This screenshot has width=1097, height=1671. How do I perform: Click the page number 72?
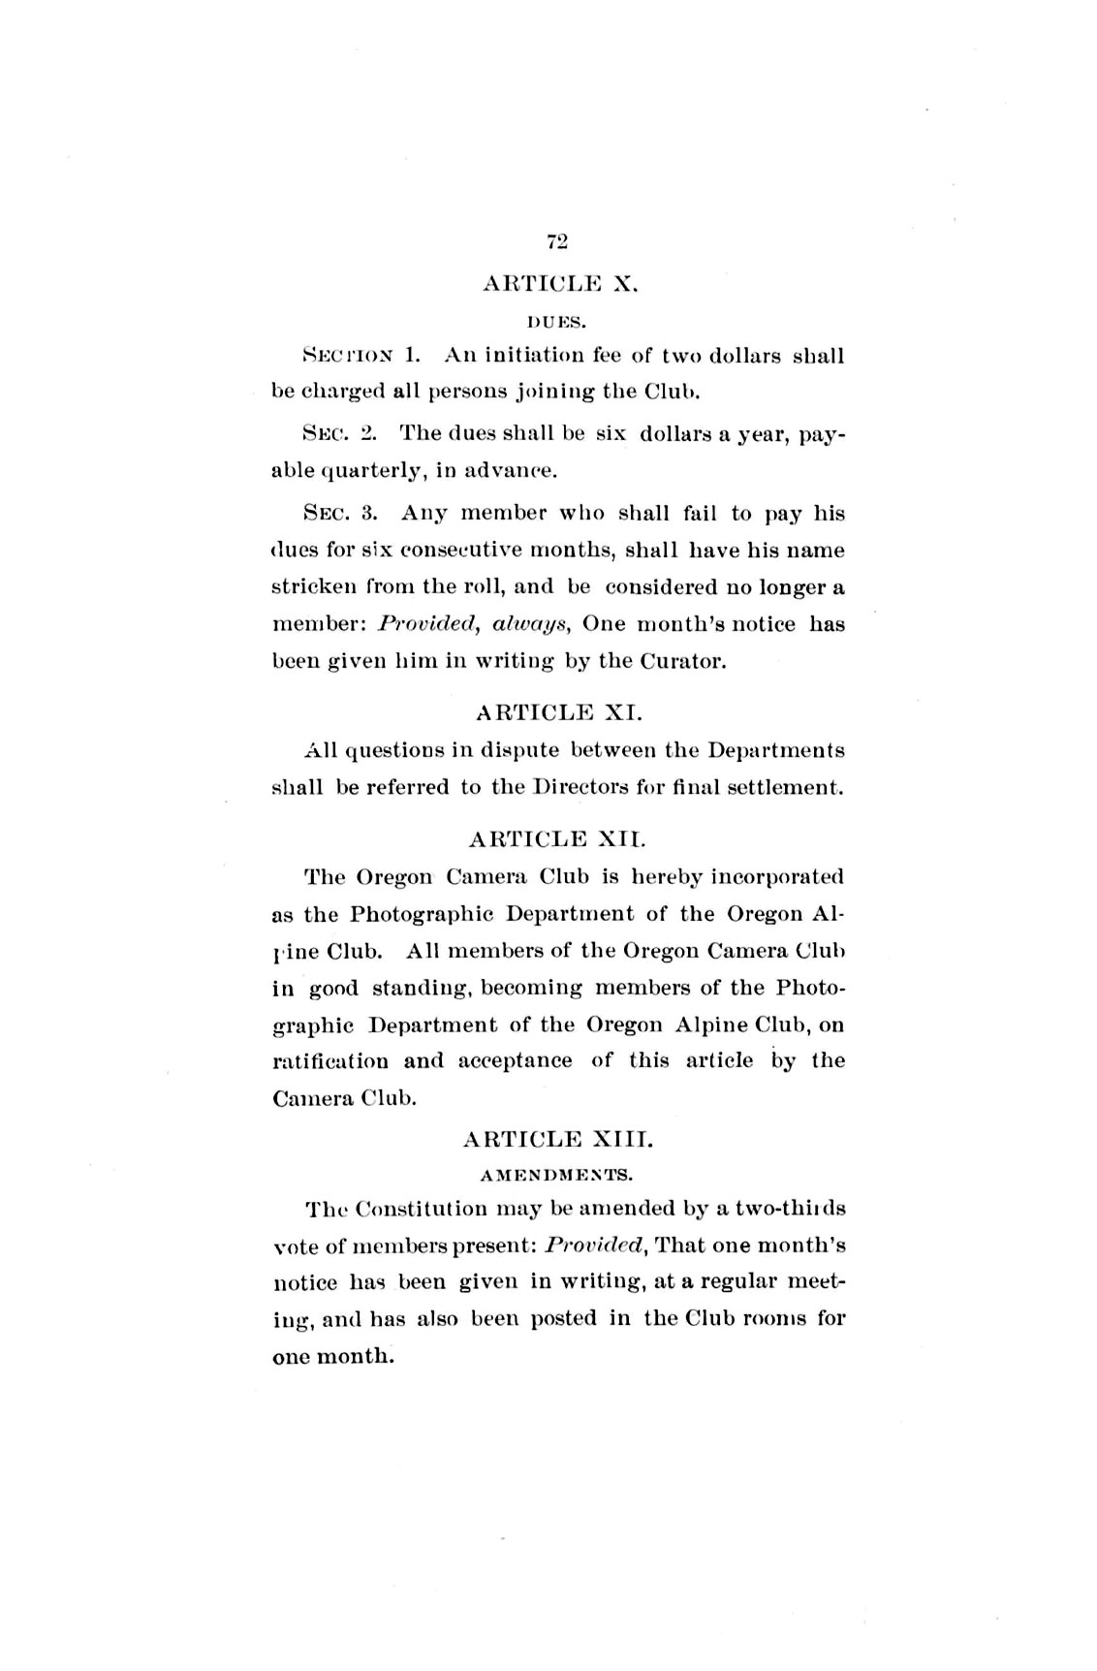pos(556,241)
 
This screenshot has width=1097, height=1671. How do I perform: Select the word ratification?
pos(331,1060)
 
